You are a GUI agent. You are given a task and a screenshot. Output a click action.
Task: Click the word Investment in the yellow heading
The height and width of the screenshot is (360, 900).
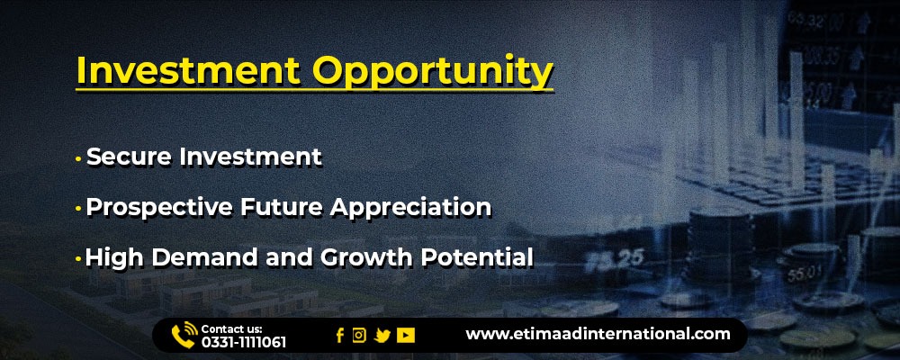click(188, 70)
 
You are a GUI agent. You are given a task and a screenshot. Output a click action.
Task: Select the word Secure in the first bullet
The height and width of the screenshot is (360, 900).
click(129, 157)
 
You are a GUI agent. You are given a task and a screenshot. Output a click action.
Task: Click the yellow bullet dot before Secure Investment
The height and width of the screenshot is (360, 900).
click(78, 158)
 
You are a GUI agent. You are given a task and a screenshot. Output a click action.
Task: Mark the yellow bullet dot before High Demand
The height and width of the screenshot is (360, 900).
click(78, 259)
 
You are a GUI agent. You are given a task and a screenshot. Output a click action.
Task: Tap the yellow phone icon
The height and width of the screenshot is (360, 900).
click(184, 336)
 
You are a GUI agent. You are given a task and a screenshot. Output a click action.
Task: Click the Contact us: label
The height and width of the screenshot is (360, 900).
click(232, 329)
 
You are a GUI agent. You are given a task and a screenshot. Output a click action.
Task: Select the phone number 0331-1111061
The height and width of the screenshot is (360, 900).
click(243, 343)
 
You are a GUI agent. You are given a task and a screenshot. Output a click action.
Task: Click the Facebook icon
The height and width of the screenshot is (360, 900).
click(340, 336)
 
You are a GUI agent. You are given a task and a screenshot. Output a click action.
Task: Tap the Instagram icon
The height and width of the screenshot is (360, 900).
click(359, 336)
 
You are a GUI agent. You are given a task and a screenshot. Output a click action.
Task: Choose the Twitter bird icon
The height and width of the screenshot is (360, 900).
click(382, 336)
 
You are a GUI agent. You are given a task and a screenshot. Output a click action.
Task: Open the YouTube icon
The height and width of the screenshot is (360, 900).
click(406, 336)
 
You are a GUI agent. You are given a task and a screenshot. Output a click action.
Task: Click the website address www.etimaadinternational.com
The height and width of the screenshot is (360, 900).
click(598, 334)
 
